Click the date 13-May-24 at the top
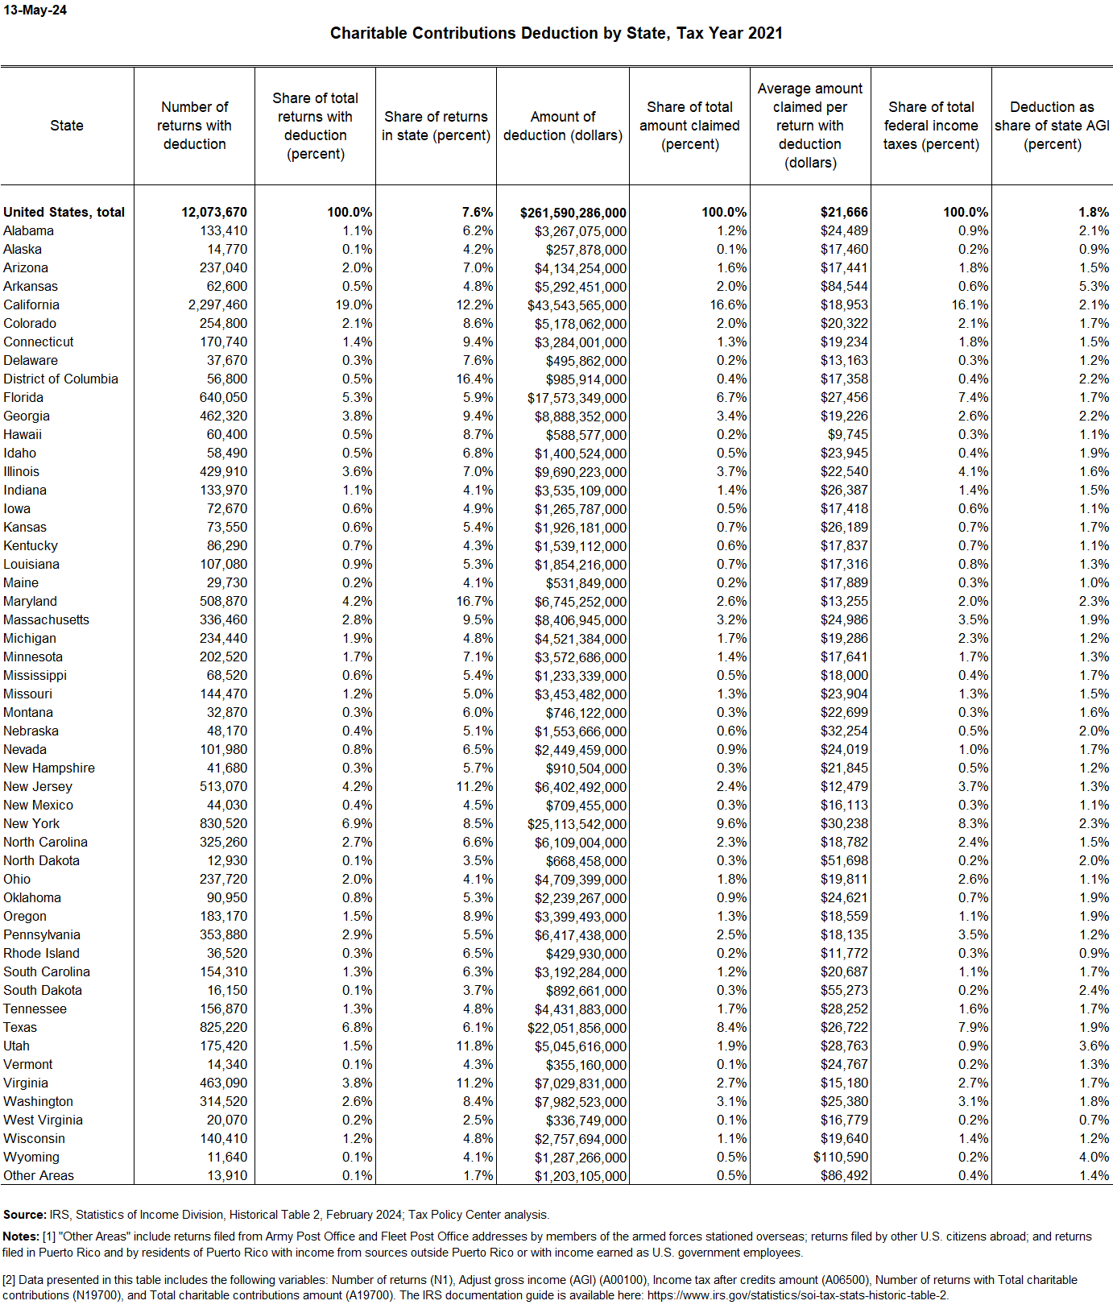click(x=35, y=10)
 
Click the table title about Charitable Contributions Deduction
click(x=556, y=33)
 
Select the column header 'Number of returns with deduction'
click(x=194, y=126)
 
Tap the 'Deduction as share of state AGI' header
click(x=1052, y=126)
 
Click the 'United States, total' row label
click(x=64, y=212)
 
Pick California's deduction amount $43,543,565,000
click(x=577, y=305)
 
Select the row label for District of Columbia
click(x=60, y=379)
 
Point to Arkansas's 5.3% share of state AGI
click(x=1094, y=286)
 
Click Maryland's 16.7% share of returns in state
click(x=474, y=601)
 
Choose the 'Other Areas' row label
click(x=39, y=1175)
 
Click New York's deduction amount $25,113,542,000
click(x=577, y=824)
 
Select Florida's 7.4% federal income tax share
click(x=973, y=397)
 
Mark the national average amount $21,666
click(x=844, y=212)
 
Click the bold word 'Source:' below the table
click(x=24, y=1215)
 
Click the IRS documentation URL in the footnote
click(x=797, y=1295)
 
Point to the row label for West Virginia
click(x=43, y=1120)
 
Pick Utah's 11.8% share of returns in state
click(x=474, y=1046)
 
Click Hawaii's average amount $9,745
click(x=847, y=434)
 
